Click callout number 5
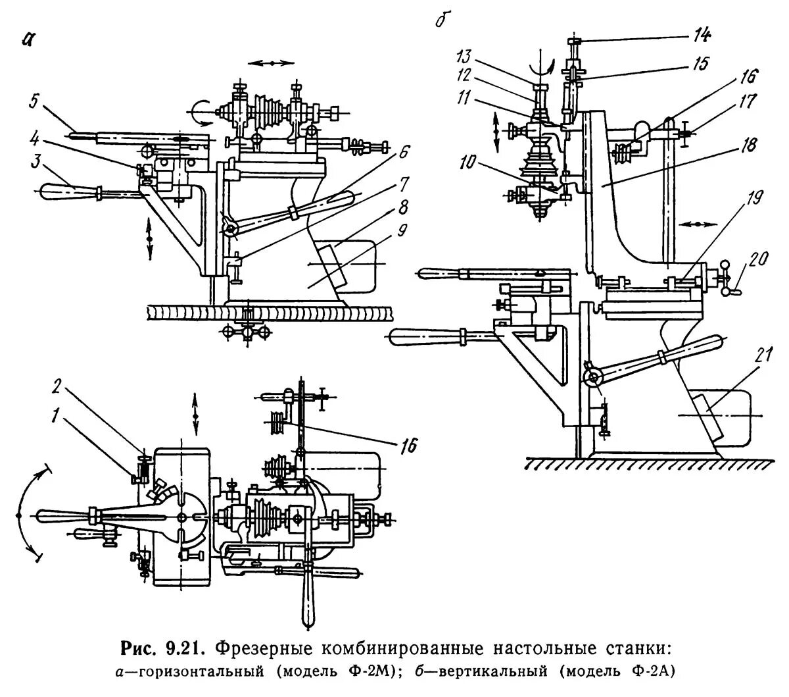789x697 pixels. tap(33, 102)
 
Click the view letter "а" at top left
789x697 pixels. tap(26, 39)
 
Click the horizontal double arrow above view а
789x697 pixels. tap(272, 63)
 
